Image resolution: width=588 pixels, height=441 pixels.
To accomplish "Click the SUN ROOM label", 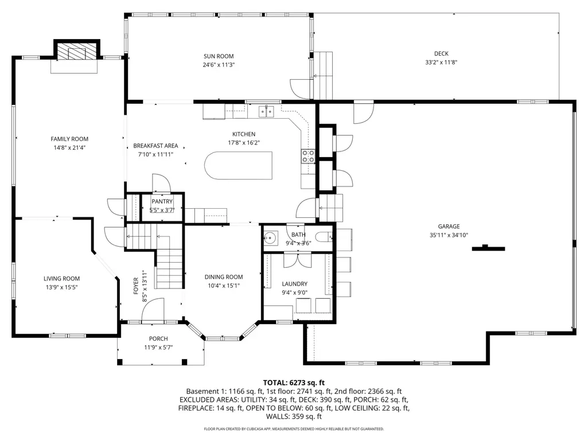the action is pyautogui.click(x=219, y=56).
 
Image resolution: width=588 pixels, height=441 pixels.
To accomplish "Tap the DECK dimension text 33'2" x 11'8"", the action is pyautogui.click(x=441, y=63).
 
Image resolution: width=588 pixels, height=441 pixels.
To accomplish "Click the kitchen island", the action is pyautogui.click(x=239, y=165).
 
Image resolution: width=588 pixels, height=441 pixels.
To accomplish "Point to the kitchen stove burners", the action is pyautogui.click(x=308, y=156).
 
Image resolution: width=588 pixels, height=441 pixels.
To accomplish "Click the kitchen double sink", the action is pyautogui.click(x=266, y=111).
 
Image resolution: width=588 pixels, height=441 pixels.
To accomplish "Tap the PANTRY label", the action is pyautogui.click(x=162, y=202).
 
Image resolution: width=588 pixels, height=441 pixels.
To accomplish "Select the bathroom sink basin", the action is pyautogui.click(x=270, y=237).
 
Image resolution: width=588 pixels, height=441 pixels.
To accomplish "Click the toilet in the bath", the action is pyautogui.click(x=323, y=237).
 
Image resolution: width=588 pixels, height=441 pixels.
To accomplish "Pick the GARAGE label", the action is pyautogui.click(x=449, y=227).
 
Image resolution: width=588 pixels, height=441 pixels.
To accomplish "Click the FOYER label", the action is pyautogui.click(x=136, y=286).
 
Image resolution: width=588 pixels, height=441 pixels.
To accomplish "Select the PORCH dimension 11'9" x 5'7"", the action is pyautogui.click(x=158, y=348).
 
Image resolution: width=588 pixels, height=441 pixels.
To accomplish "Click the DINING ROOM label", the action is pyautogui.click(x=224, y=277).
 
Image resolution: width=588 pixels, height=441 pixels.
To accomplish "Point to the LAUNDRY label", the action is pyautogui.click(x=294, y=284).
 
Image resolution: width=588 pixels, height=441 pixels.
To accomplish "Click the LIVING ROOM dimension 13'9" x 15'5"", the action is pyautogui.click(x=61, y=287).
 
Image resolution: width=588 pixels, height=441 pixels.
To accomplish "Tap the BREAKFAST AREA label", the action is pyautogui.click(x=155, y=146).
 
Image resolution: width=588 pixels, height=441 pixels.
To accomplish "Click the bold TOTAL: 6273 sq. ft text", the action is pyautogui.click(x=294, y=383).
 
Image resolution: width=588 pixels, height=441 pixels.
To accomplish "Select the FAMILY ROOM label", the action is pyautogui.click(x=69, y=139).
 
